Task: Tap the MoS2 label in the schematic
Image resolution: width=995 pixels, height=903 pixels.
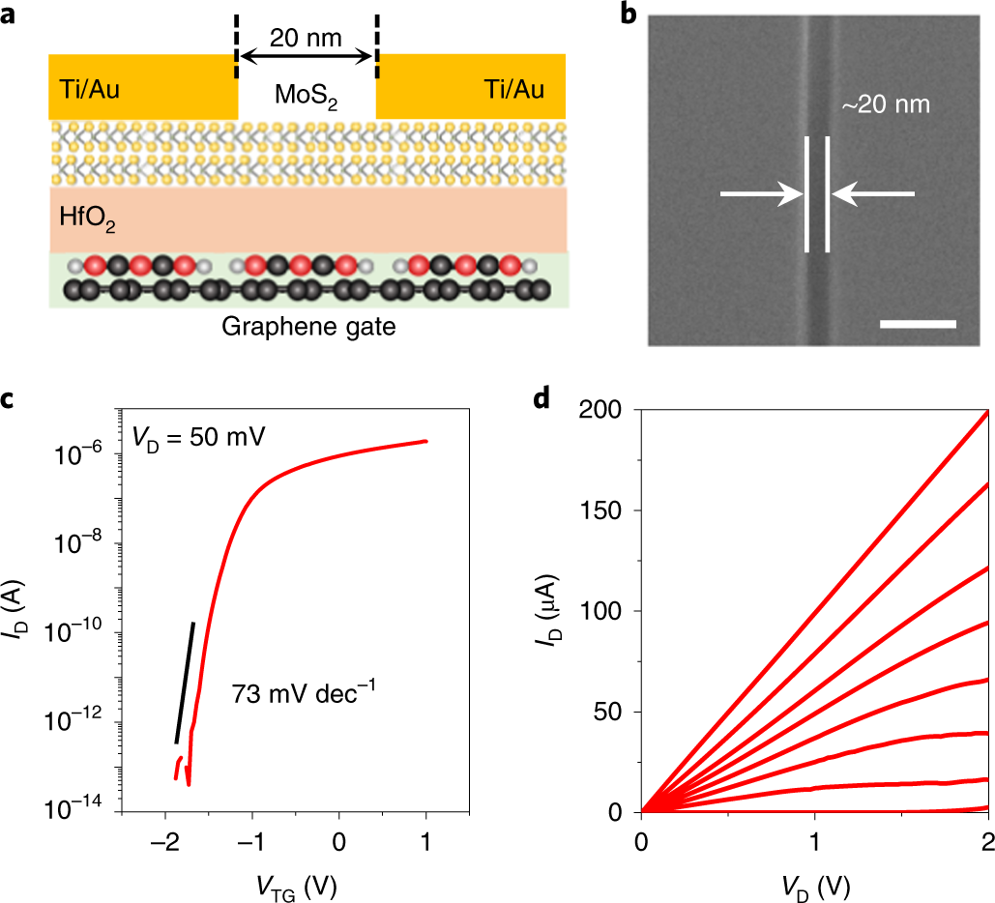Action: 306,97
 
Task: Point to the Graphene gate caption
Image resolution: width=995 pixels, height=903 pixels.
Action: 308,327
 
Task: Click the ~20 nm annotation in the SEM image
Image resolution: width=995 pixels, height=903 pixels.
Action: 885,104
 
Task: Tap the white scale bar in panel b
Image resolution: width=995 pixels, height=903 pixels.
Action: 918,324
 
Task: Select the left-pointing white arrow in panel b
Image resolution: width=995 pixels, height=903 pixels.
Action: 872,195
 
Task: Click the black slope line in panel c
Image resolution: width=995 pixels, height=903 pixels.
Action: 185,683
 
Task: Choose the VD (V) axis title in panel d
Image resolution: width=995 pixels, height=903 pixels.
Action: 813,881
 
